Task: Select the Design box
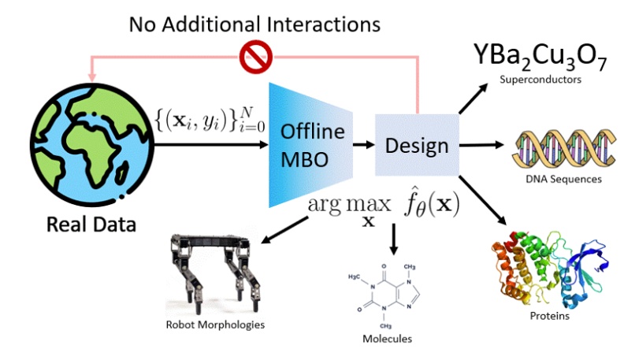click(416, 145)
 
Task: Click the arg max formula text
click(383, 206)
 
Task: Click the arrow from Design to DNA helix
click(481, 145)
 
